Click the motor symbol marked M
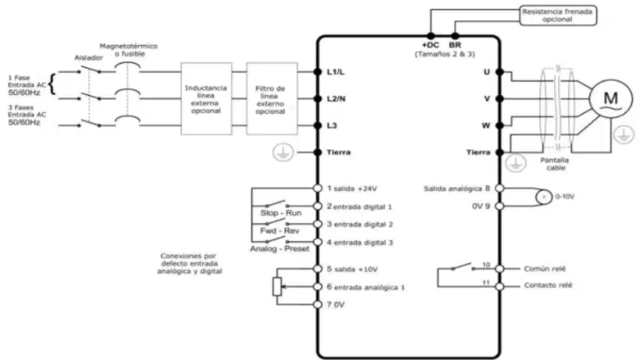click(610, 98)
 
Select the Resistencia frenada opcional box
click(558, 15)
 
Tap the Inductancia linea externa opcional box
click(206, 98)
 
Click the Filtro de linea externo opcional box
click(272, 98)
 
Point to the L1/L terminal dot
click(318, 72)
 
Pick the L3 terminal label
click(332, 126)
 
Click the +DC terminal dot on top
click(431, 37)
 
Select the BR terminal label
click(455, 45)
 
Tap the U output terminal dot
click(500, 72)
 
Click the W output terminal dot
click(500, 126)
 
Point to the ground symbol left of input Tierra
click(283, 153)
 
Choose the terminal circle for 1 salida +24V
click(318, 188)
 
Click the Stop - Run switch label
click(280, 213)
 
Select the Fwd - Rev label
click(280, 231)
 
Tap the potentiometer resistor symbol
click(277, 286)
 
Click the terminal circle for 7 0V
click(318, 304)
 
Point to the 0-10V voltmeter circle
click(544, 197)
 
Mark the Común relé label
click(545, 269)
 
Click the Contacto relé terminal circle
click(500, 286)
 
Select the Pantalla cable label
click(555, 164)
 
